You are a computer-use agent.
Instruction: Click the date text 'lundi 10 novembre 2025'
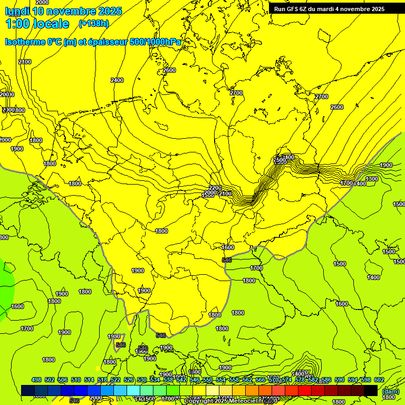click(x=63, y=11)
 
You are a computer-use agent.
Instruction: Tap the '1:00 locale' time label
click(x=37, y=24)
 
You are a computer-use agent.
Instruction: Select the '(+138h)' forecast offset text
click(x=93, y=24)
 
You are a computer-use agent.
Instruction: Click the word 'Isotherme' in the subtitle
click(x=25, y=42)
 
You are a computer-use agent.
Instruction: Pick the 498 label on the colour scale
click(x=36, y=380)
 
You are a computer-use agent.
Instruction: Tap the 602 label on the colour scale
click(x=379, y=380)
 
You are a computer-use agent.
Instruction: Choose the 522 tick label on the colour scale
click(x=115, y=380)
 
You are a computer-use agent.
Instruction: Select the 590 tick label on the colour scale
click(x=340, y=380)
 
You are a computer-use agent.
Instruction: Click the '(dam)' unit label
click(x=390, y=391)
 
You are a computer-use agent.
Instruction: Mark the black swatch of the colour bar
click(x=371, y=390)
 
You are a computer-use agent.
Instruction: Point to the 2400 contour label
click(x=117, y=80)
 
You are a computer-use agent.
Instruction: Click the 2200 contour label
click(x=215, y=188)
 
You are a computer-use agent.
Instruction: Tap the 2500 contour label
click(x=279, y=160)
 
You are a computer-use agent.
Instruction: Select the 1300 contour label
click(x=372, y=179)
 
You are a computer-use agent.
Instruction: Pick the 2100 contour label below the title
click(x=25, y=62)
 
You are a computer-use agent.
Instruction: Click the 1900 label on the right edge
click(x=386, y=165)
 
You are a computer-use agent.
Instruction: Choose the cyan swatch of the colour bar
click(x=133, y=390)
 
